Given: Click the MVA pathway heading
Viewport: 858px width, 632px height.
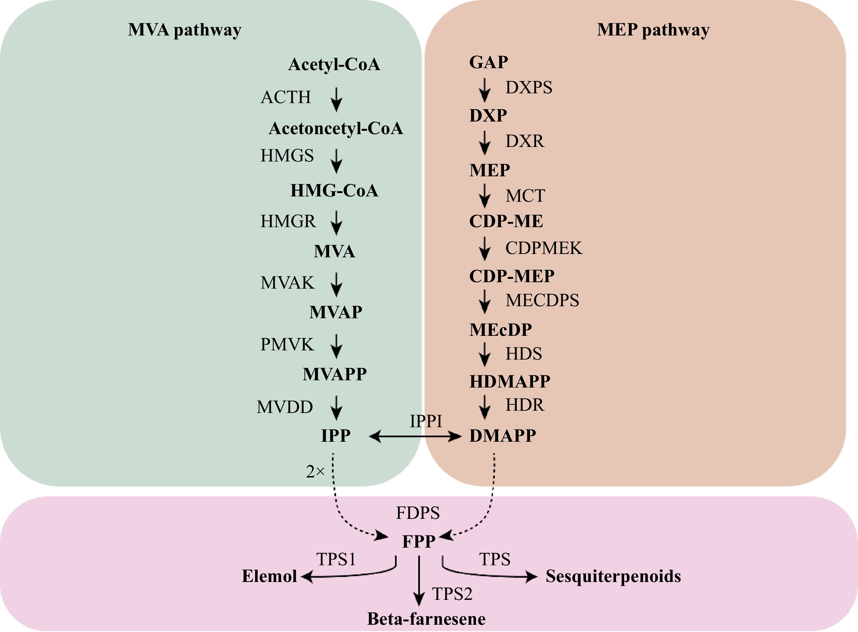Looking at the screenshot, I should (x=185, y=30).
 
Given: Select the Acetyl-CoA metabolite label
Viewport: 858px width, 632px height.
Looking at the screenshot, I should (x=334, y=64).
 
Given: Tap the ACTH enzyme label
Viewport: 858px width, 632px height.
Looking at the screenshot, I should (x=286, y=97).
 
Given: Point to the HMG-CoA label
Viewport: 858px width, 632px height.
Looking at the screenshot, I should (x=334, y=191).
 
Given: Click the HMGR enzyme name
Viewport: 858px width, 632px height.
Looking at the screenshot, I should (x=288, y=221).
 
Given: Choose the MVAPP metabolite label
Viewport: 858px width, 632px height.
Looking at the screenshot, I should (x=335, y=374).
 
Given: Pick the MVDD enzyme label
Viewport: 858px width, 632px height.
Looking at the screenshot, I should (x=285, y=407).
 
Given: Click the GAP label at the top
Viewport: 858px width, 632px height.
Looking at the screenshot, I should (x=488, y=62).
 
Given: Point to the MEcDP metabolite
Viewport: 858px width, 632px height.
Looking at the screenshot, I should (x=500, y=330).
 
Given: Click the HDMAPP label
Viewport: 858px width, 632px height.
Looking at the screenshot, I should (x=510, y=381).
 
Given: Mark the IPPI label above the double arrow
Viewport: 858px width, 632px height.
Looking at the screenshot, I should (x=426, y=421).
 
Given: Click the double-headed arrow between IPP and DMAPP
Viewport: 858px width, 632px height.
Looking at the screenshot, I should (x=415, y=436).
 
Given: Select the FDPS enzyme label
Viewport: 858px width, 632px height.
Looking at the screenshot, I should (x=418, y=513).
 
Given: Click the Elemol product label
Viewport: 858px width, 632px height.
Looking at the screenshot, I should (x=269, y=576).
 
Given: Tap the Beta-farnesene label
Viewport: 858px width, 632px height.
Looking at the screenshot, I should (x=426, y=619).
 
